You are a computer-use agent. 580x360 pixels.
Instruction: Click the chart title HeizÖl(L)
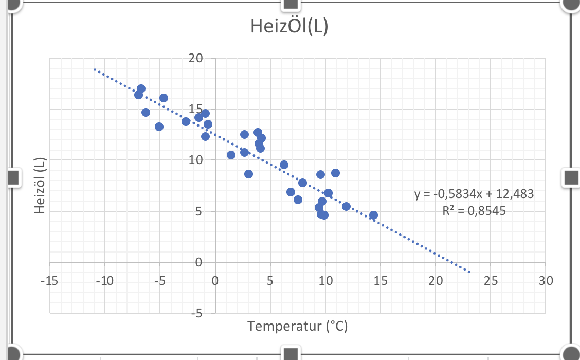(x=289, y=26)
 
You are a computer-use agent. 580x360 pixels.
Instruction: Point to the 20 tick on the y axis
(x=195, y=59)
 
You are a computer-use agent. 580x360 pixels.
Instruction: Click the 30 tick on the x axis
(x=546, y=281)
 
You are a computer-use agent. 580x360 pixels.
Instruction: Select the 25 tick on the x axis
(x=491, y=281)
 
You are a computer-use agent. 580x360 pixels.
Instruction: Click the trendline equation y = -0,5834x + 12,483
(x=474, y=194)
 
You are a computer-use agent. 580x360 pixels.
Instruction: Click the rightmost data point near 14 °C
(x=373, y=215)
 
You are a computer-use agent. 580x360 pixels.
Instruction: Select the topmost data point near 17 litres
(x=141, y=89)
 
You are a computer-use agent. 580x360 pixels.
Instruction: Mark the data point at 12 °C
(x=346, y=206)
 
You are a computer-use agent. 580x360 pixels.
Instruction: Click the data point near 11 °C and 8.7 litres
(x=335, y=173)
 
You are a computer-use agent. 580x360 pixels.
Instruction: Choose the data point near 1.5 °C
(x=231, y=155)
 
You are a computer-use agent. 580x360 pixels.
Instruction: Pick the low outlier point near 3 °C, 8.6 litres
(x=248, y=174)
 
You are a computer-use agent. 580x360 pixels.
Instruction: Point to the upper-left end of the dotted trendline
(x=95, y=69)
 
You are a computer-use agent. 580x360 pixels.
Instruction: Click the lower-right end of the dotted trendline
(x=469, y=272)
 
